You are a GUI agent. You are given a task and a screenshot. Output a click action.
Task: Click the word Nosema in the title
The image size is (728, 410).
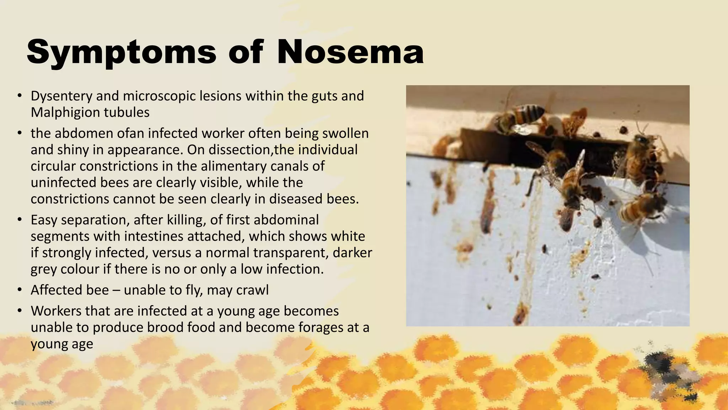tap(350, 52)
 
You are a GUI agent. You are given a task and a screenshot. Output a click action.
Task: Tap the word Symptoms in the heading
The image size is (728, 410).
tap(121, 52)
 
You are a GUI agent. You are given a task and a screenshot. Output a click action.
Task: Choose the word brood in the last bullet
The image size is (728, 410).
tap(164, 327)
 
